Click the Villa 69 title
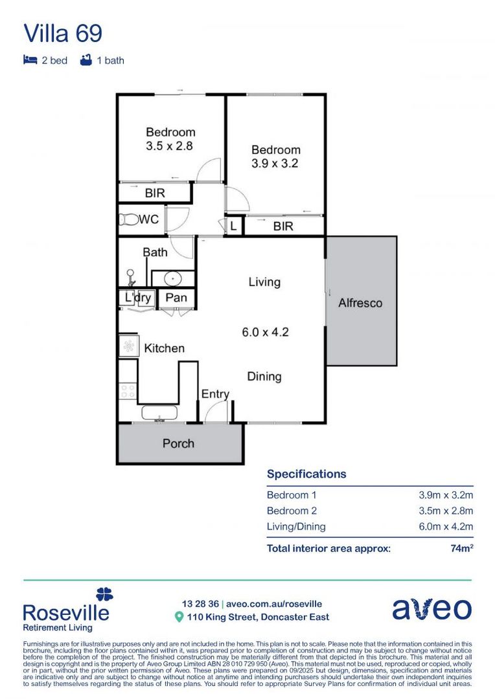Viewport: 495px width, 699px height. [62, 33]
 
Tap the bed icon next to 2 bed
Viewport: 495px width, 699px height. [30, 60]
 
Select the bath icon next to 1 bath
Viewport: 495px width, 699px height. [85, 60]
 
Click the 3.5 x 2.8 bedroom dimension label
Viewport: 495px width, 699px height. [169, 146]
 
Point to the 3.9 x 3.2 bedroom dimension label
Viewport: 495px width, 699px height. [275, 164]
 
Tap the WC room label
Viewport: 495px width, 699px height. [148, 219]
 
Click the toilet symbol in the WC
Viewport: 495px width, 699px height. [127, 219]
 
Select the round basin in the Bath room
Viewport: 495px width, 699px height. [172, 279]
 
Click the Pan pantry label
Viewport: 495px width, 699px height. [176, 298]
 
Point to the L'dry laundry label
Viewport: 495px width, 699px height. [137, 298]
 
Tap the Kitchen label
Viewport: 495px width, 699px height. [164, 348]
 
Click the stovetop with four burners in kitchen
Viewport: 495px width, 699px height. [128, 391]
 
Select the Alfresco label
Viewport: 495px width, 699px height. [360, 303]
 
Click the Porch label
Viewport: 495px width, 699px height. [178, 443]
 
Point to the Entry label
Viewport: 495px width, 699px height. [215, 394]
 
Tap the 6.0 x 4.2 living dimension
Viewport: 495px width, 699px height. [265, 333]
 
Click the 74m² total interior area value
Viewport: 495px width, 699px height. [461, 548]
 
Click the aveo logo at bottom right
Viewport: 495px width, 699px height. [432, 609]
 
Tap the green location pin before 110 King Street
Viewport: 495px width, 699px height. [179, 617]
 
